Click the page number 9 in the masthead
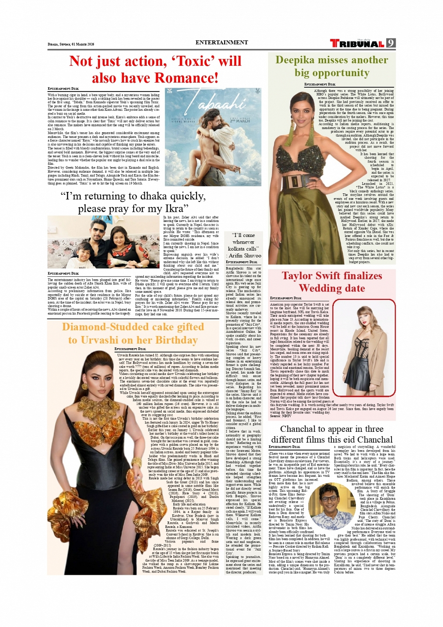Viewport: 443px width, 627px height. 390,43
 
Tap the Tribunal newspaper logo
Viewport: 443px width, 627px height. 357,44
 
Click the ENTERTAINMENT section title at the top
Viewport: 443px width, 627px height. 222,42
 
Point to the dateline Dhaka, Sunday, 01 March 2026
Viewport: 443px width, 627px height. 71,44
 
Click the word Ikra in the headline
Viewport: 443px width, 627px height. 172,208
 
